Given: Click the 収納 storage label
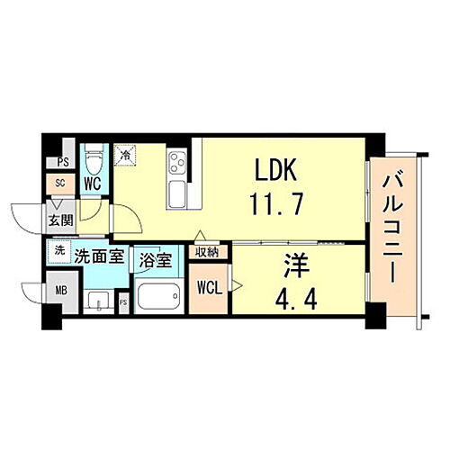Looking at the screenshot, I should pos(207,252).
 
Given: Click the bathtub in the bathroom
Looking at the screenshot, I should pos(158,296).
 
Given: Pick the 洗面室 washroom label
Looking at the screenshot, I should pos(99,255).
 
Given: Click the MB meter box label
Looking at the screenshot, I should pos(60,290).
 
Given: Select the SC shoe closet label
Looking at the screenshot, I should pos(59,183).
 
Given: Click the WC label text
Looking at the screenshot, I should pos(93,183).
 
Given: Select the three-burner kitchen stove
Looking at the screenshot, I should pos(176,163).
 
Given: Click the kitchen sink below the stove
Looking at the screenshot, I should pos(176,193).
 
